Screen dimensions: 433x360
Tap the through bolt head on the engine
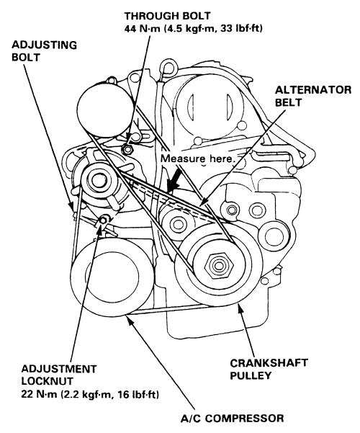point(127,149)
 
